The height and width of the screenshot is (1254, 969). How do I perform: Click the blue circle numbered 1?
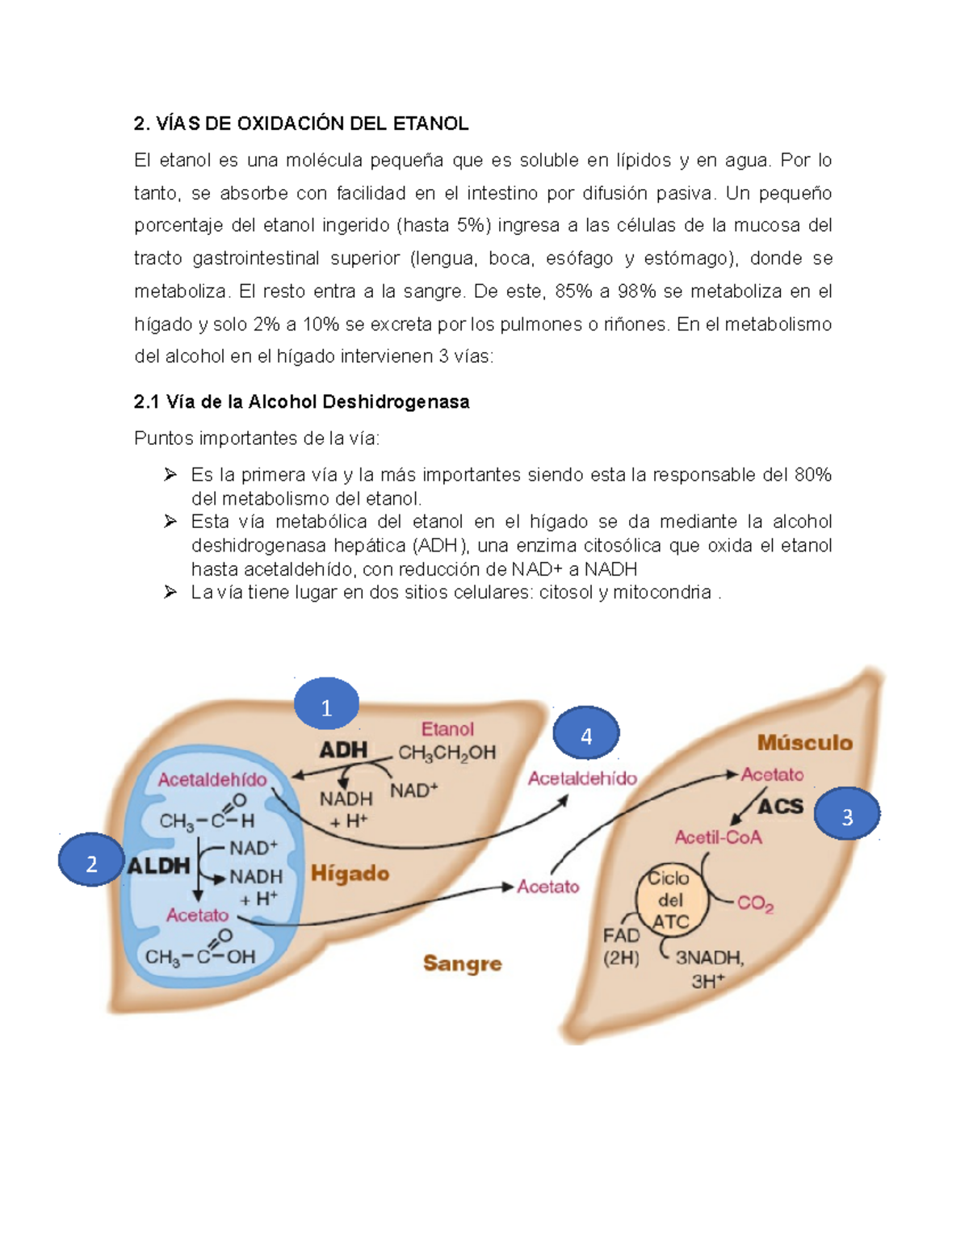pyautogui.click(x=326, y=707)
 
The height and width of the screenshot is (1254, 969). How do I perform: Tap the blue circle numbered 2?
pyautogui.click(x=91, y=862)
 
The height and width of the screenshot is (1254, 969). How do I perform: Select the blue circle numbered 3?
pyautogui.click(x=847, y=816)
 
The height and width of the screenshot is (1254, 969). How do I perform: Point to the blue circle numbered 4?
pyautogui.click(x=586, y=735)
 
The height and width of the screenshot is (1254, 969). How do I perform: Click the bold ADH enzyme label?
pyautogui.click(x=343, y=750)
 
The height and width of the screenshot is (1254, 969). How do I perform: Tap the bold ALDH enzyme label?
pyautogui.click(x=159, y=866)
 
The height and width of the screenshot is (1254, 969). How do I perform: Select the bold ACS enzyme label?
pyautogui.click(x=781, y=806)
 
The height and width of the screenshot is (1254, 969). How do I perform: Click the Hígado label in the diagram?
pyautogui.click(x=350, y=874)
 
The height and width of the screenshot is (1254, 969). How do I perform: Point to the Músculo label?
pyautogui.click(x=804, y=743)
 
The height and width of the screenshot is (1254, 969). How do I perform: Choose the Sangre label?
pyautogui.click(x=463, y=963)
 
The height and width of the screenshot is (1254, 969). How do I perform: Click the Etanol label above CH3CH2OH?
pyautogui.click(x=447, y=729)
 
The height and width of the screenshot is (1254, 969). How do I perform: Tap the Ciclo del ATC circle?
pyautogui.click(x=670, y=900)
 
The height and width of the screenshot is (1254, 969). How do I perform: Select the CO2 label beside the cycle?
pyautogui.click(x=755, y=904)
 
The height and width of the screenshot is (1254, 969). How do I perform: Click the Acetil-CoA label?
pyautogui.click(x=718, y=837)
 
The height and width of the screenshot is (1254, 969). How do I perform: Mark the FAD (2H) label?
pyautogui.click(x=621, y=946)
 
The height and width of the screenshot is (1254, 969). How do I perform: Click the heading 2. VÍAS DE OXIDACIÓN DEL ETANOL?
pyautogui.click(x=301, y=124)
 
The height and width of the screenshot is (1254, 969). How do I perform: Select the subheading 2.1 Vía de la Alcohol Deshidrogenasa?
pyautogui.click(x=301, y=402)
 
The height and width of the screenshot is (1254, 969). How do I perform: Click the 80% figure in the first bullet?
pyautogui.click(x=812, y=475)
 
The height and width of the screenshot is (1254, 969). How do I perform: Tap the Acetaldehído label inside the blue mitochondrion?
pyautogui.click(x=212, y=780)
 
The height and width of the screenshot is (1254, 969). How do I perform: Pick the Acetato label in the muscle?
pyautogui.click(x=773, y=774)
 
